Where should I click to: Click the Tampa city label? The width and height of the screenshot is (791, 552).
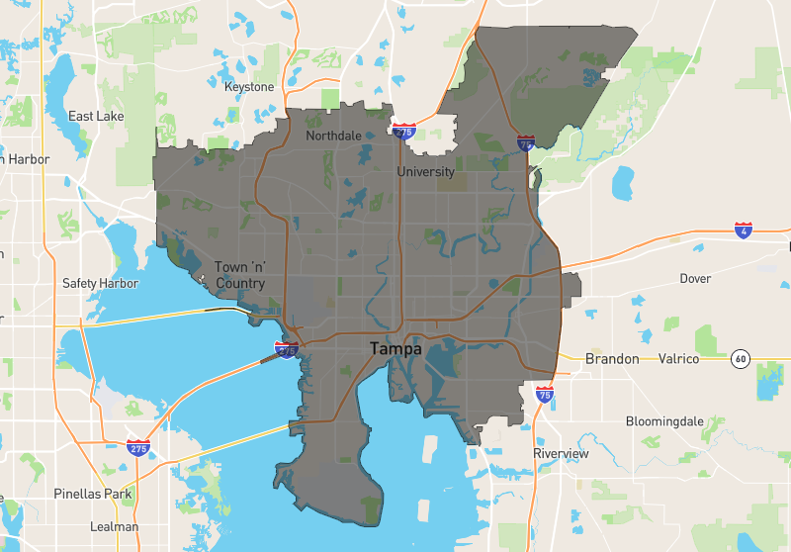(x=395, y=349)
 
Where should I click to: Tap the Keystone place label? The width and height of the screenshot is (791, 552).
(x=249, y=87)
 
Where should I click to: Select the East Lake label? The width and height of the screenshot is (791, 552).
(x=96, y=117)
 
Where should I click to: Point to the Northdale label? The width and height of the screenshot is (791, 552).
(x=334, y=136)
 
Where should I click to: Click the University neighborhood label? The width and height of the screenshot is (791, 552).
(x=425, y=172)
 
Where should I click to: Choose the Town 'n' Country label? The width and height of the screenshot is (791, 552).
(x=240, y=275)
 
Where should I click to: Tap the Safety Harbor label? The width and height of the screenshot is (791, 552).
(x=100, y=283)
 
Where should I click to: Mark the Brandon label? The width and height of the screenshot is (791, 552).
(x=612, y=358)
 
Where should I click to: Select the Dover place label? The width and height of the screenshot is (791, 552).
(x=695, y=279)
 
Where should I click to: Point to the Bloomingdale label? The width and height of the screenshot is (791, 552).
(x=664, y=421)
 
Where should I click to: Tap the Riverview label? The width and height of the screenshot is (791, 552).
(x=561, y=454)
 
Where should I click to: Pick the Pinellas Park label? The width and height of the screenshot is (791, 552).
(x=92, y=494)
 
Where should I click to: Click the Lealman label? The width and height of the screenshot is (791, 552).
(x=114, y=526)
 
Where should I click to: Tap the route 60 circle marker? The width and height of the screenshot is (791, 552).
(x=740, y=359)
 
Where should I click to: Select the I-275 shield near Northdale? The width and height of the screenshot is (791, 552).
(x=403, y=131)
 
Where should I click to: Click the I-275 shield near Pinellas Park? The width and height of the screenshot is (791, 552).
(x=138, y=448)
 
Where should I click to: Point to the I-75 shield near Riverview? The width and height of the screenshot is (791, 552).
(x=544, y=395)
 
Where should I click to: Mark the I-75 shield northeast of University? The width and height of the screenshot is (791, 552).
(x=526, y=144)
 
